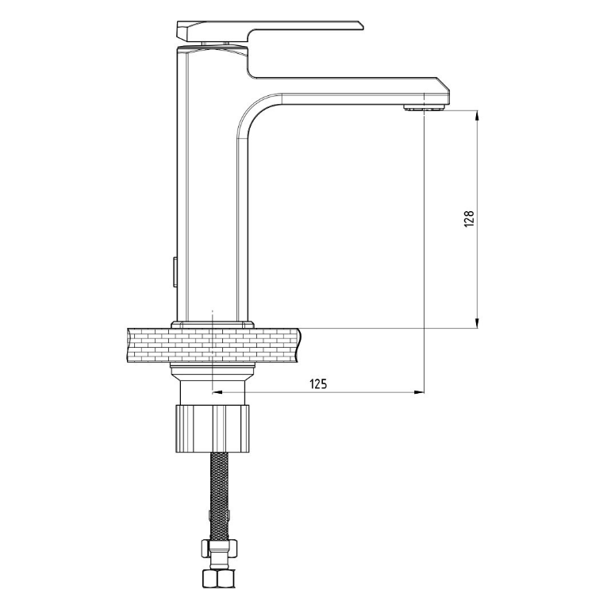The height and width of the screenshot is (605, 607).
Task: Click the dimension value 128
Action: pos(469,219)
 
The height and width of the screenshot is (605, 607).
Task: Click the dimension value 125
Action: pos(318,383)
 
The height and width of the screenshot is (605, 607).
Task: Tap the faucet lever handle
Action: pos(270,31)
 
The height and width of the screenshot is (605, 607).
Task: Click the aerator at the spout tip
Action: pos(425,108)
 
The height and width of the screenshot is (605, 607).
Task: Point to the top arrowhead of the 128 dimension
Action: pos(477,115)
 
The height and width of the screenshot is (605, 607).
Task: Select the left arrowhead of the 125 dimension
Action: pos(217,393)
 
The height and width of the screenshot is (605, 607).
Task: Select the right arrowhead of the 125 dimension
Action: pos(419,393)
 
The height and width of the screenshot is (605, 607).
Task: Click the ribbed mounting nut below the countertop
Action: pos(213,429)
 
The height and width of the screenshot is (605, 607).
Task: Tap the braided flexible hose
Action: pos(219,495)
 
